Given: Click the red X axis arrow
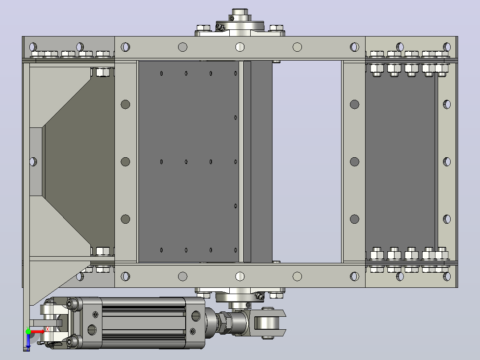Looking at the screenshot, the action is (x=37, y=331).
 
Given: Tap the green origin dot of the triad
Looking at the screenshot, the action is (x=28, y=331).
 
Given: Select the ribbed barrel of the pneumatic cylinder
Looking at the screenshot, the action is (x=143, y=323).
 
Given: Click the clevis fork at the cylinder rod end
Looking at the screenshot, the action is (x=269, y=323).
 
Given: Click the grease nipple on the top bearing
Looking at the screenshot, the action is (x=220, y=28).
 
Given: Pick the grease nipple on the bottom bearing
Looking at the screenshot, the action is (x=260, y=296).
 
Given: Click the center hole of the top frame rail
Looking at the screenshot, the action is (x=240, y=47).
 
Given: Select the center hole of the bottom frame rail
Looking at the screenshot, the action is (x=240, y=276).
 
